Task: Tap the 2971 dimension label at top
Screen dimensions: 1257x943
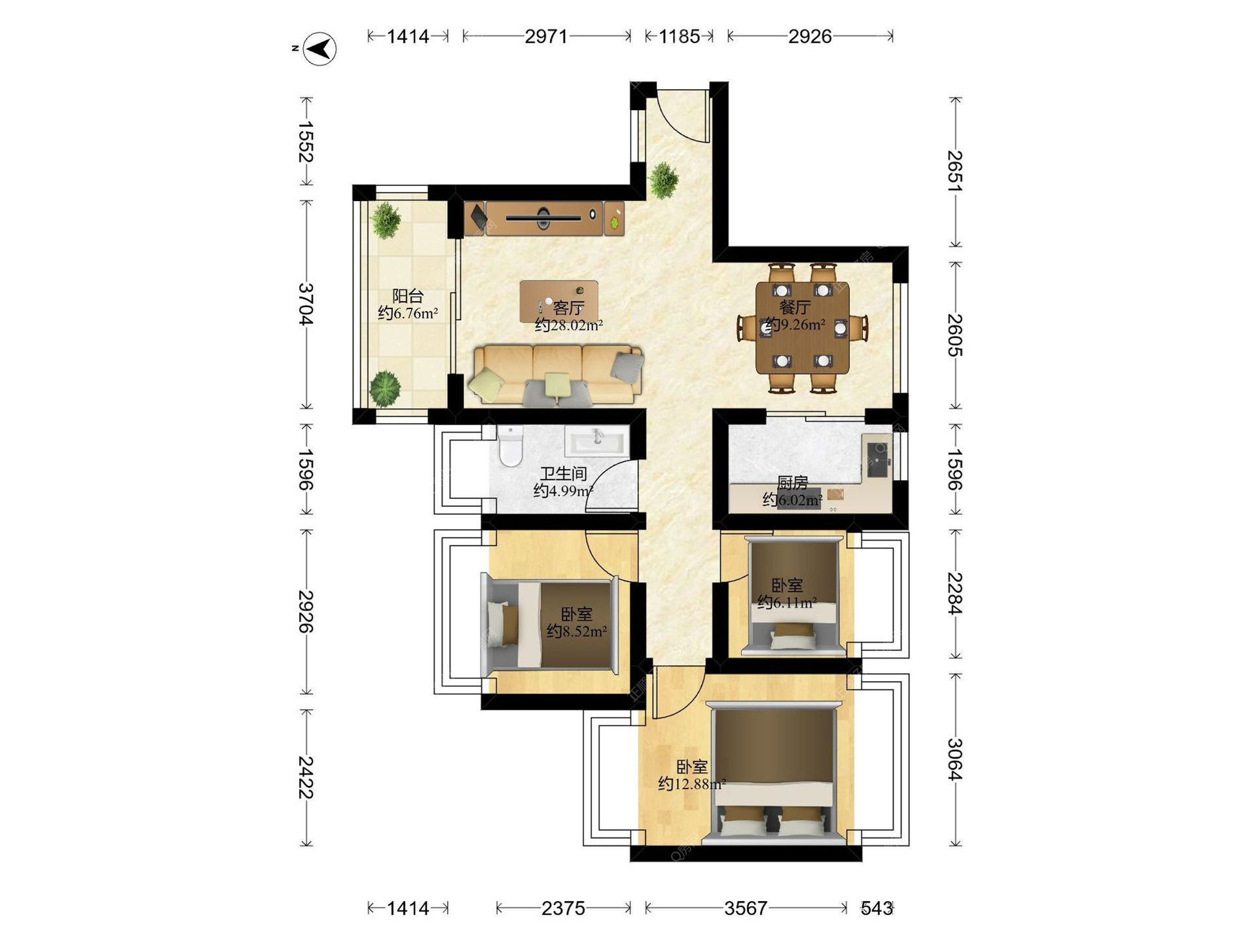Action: tap(546, 37)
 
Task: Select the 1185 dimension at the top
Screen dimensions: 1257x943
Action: tap(679, 37)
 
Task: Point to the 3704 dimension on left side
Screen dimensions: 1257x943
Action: tap(306, 304)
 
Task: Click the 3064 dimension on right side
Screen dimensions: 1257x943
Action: tap(955, 760)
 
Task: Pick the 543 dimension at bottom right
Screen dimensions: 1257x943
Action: tap(877, 908)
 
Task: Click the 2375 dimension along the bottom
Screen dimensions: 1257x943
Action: tap(563, 908)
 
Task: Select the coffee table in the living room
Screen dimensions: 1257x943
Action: tap(558, 302)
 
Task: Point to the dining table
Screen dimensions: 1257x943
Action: tap(802, 327)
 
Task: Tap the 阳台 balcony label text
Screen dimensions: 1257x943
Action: tap(408, 296)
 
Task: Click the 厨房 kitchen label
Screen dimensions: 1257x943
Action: tap(792, 483)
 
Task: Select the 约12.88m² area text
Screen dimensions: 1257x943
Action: tap(692, 784)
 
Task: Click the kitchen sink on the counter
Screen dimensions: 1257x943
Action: tap(878, 460)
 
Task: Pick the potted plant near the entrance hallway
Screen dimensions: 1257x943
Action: tap(664, 179)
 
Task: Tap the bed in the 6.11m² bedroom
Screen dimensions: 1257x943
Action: tap(794, 596)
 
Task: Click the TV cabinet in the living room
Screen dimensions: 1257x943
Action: tap(544, 218)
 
